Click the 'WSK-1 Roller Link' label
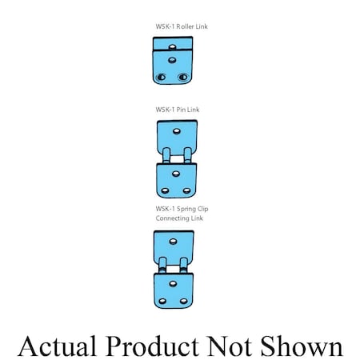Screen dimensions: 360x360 (x=182, y=26)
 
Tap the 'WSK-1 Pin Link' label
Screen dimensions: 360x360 (x=178, y=110)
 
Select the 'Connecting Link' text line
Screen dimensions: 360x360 (x=179, y=218)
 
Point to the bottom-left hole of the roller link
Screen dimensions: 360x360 (x=161, y=77)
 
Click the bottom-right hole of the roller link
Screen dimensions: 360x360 (x=183, y=77)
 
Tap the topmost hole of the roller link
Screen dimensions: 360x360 (x=173, y=47)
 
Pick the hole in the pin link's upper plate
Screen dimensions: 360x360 (x=177, y=131)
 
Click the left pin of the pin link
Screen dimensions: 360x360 (x=166, y=155)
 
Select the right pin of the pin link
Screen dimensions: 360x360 (x=187, y=155)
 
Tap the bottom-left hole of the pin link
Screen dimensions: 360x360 (x=165, y=191)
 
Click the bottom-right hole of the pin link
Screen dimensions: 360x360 (x=186, y=191)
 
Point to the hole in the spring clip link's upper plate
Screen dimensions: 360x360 (x=174, y=242)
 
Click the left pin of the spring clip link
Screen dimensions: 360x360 (x=162, y=265)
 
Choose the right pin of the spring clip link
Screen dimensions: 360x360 (x=183, y=265)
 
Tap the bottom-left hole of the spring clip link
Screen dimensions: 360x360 (x=162, y=302)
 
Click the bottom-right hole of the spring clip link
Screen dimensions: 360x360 (x=183, y=302)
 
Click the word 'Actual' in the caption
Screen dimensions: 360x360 (x=57, y=346)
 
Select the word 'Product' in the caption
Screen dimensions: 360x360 (x=152, y=346)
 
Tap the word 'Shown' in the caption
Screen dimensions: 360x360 (x=302, y=346)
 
